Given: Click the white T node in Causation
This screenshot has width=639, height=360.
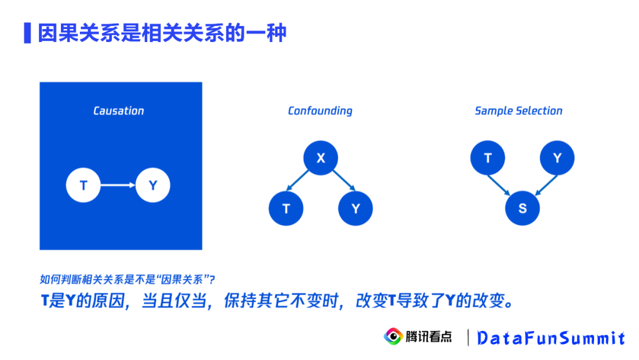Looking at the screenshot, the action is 83,186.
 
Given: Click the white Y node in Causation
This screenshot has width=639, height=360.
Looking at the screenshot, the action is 153,186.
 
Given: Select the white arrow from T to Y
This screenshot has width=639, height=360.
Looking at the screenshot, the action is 118,186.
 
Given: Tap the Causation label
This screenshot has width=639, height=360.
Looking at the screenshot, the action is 118,111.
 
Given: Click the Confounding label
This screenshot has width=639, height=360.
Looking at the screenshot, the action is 320,111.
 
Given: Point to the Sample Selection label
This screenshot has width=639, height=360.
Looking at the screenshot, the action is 518,111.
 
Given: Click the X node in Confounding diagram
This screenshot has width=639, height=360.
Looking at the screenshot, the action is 321,158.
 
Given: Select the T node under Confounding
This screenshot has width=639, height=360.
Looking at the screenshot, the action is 286,208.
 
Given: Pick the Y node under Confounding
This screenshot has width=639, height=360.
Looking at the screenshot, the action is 356,208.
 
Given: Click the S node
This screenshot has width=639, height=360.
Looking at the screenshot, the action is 522,208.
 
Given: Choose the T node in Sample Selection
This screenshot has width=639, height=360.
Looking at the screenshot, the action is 488,158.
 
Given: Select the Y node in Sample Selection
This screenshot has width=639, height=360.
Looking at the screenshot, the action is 557,158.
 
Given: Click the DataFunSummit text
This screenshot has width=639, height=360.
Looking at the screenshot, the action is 551,338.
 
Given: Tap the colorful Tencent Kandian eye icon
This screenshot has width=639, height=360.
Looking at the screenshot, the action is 392,336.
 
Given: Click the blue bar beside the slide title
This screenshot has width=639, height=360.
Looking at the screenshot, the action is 27,33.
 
